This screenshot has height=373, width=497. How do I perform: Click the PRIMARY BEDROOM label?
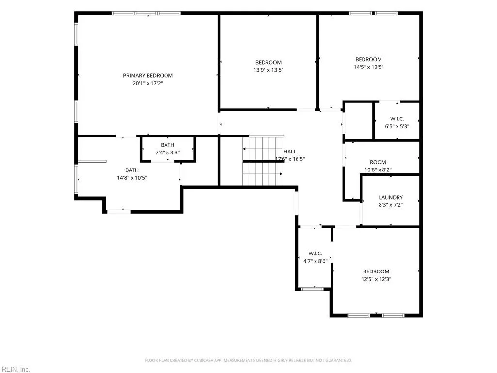coord(148,75)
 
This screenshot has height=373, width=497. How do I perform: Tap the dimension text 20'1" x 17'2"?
coord(148,83)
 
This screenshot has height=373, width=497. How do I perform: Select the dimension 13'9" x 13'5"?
coord(268,70)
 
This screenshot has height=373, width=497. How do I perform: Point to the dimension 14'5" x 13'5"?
coord(368,67)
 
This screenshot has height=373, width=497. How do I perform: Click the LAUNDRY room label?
coord(391,197)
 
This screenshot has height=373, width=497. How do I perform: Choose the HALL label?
coord(290,152)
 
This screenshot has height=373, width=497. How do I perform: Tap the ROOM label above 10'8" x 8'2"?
coord(378,162)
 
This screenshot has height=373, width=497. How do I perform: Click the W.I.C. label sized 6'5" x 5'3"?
coord(397,119)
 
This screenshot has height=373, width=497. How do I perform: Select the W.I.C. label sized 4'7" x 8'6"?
coord(315,254)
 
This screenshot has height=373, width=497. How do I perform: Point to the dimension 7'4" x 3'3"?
coord(167,153)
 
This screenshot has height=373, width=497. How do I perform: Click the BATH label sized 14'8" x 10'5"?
coord(132,170)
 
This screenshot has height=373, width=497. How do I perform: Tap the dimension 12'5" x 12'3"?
coord(376,279)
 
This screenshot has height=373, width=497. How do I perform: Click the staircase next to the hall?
coord(263,161)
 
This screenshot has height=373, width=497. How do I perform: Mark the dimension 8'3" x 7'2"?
coord(391,205)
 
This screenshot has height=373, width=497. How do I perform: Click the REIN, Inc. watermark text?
coord(16,369)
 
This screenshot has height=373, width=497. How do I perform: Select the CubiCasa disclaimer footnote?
coord(248,360)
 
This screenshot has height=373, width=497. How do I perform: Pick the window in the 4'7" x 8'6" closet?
coord(312,289)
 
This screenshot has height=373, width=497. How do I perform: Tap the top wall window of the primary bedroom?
coord(146,13)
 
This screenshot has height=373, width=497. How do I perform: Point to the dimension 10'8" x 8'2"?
coord(378,170)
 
